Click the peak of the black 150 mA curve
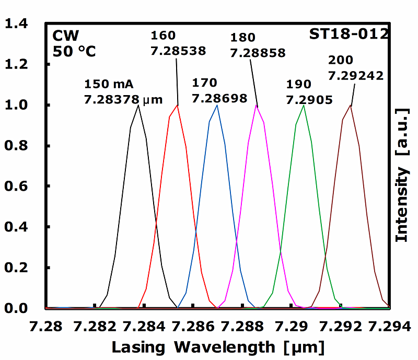coord(138,106)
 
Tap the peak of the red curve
coord(178,106)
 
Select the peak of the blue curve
coord(217,106)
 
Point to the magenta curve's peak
coord(256,106)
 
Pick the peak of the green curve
coord(304,106)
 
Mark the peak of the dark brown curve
coord(350,106)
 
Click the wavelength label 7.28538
coord(178,51)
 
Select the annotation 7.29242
coord(356,75)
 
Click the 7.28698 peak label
coord(219,98)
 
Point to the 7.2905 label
coord(309,99)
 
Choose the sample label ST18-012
coord(349,36)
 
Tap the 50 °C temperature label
coord(74,52)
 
